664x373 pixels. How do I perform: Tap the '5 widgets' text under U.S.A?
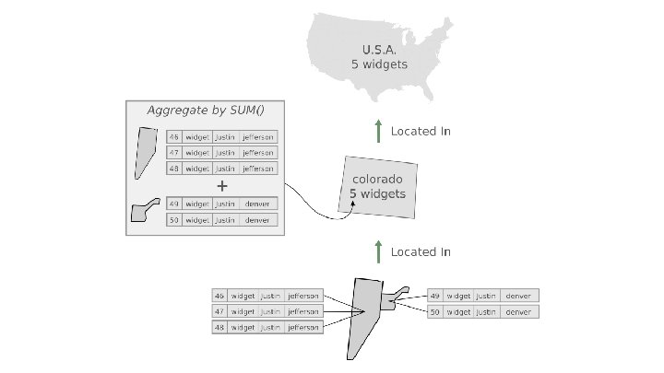(379, 64)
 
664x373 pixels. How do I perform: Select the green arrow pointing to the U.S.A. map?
(377, 131)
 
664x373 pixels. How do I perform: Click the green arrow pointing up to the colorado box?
(377, 251)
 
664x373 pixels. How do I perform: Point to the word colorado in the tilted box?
(377, 179)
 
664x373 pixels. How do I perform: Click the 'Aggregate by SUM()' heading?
(206, 111)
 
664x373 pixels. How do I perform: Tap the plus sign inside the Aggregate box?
(221, 184)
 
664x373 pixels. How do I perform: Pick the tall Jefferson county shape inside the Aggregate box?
(145, 153)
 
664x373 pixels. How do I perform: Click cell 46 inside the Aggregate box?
(173, 137)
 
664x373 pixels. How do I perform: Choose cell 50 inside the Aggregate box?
(173, 220)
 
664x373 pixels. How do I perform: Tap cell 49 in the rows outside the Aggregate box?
(435, 296)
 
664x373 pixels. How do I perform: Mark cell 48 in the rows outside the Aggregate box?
(219, 327)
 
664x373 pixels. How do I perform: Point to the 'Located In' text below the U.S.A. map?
(421, 131)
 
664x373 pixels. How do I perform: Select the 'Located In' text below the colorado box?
(421, 251)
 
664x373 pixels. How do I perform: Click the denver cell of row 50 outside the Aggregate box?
(519, 312)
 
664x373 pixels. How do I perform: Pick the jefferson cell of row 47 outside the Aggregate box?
(302, 311)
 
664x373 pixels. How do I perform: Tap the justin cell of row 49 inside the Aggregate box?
(225, 204)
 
